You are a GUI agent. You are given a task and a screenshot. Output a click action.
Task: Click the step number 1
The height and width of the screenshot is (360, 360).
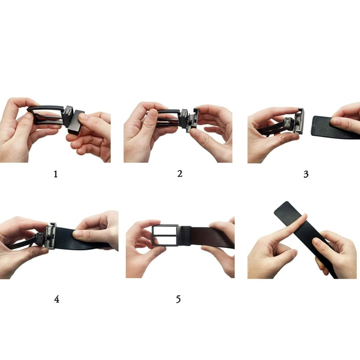55,174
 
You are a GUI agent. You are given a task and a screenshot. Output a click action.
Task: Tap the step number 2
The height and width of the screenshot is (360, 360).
180,174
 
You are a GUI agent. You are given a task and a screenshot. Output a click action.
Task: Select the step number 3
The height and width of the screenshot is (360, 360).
306,174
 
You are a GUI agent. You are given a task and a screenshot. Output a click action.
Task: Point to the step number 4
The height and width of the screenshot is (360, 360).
57,299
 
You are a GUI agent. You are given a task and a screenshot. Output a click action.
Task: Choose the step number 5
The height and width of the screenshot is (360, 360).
178,299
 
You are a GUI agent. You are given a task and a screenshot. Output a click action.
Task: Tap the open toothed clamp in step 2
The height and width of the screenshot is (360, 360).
193,120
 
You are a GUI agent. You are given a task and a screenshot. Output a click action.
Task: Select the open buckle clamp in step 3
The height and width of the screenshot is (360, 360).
299,121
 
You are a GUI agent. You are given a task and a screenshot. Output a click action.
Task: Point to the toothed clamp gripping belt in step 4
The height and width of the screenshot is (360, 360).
50,236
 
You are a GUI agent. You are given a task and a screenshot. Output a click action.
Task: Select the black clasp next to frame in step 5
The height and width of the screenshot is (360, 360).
184,236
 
